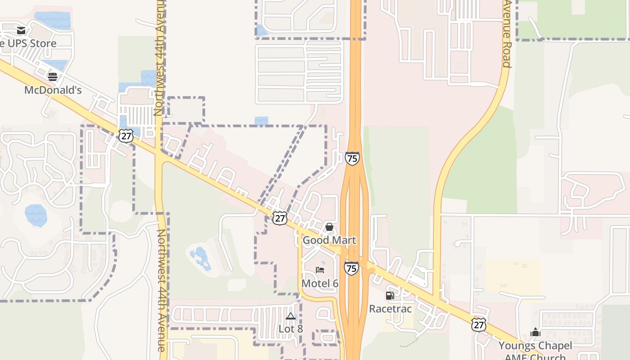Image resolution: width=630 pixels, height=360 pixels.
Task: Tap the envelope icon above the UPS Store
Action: tap(21, 31)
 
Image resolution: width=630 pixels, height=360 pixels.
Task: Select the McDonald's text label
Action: tap(53, 90)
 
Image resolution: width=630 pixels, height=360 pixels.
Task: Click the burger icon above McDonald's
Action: tap(53, 76)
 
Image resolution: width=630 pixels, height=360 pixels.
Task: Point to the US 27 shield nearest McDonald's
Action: tap(126, 135)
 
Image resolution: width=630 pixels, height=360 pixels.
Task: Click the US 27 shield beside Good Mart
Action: tap(280, 218)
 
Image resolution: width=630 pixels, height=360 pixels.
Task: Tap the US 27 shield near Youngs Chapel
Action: tap(479, 324)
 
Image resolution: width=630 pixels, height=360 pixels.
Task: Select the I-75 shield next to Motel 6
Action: tap(351, 269)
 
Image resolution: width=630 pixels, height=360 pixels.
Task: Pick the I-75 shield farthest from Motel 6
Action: tap(352, 158)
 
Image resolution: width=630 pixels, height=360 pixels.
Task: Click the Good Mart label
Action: tap(329, 240)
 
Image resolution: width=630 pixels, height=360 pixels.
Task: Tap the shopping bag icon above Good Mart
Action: tap(329, 227)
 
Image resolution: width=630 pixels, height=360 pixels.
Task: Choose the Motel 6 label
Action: tap(319, 283)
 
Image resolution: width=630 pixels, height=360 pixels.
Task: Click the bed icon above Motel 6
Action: tap(320, 270)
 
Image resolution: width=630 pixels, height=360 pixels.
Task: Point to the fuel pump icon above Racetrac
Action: tap(390, 296)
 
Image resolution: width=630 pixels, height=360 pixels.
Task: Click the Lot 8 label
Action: tap(291, 329)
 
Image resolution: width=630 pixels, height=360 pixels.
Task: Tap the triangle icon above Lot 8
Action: tap(291, 316)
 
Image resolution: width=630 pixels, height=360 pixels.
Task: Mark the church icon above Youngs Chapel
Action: tap(535, 333)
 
